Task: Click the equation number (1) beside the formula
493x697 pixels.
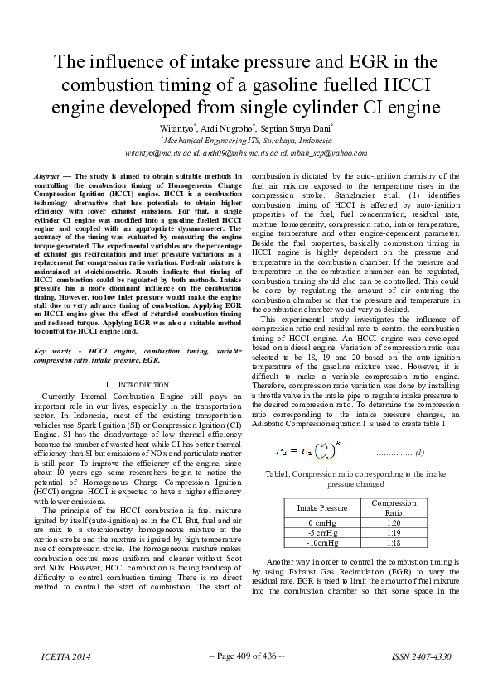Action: pos(419,453)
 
